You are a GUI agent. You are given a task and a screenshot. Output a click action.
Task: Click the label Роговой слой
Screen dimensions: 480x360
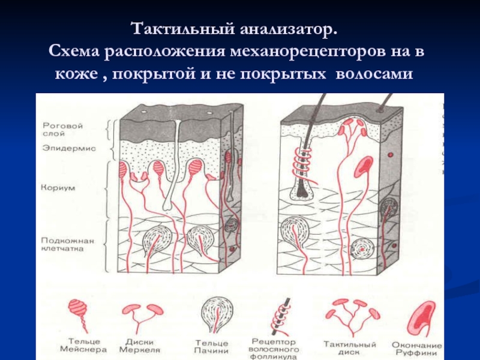tap(62, 130)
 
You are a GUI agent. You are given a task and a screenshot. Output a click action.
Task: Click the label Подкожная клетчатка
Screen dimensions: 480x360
tap(68, 245)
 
